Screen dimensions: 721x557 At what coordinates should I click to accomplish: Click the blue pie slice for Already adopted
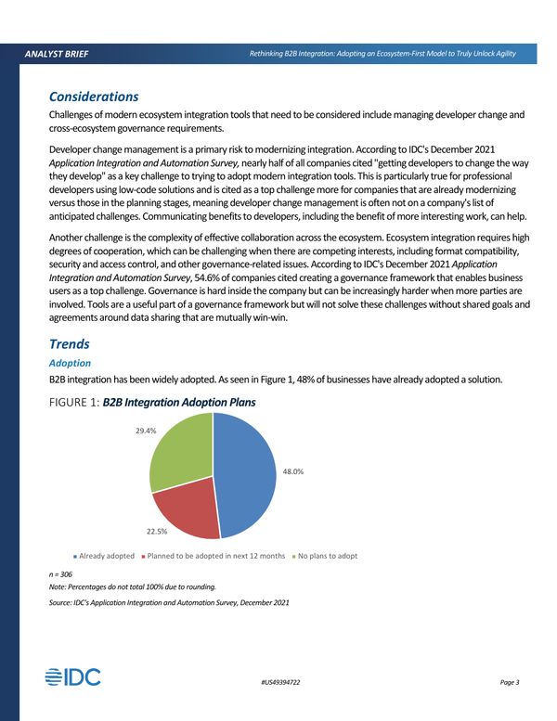pos(246,473)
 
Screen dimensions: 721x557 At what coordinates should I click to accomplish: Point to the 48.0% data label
pos(293,472)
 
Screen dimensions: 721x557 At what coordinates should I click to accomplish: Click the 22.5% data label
pos(156,532)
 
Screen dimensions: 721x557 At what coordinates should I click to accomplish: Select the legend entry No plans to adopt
pos(327,556)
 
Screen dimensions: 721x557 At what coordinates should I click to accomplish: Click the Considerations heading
pos(93,97)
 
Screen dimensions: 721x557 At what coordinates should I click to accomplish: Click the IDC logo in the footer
pos(73,677)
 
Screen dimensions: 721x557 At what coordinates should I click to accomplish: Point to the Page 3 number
pos(509,683)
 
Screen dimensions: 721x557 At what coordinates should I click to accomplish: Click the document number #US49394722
pos(280,683)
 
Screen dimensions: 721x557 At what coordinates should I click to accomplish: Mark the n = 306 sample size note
pos(62,574)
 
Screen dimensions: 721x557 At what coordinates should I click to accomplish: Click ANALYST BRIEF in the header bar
pos(58,55)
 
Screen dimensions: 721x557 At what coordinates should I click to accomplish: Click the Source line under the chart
pos(168,603)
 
